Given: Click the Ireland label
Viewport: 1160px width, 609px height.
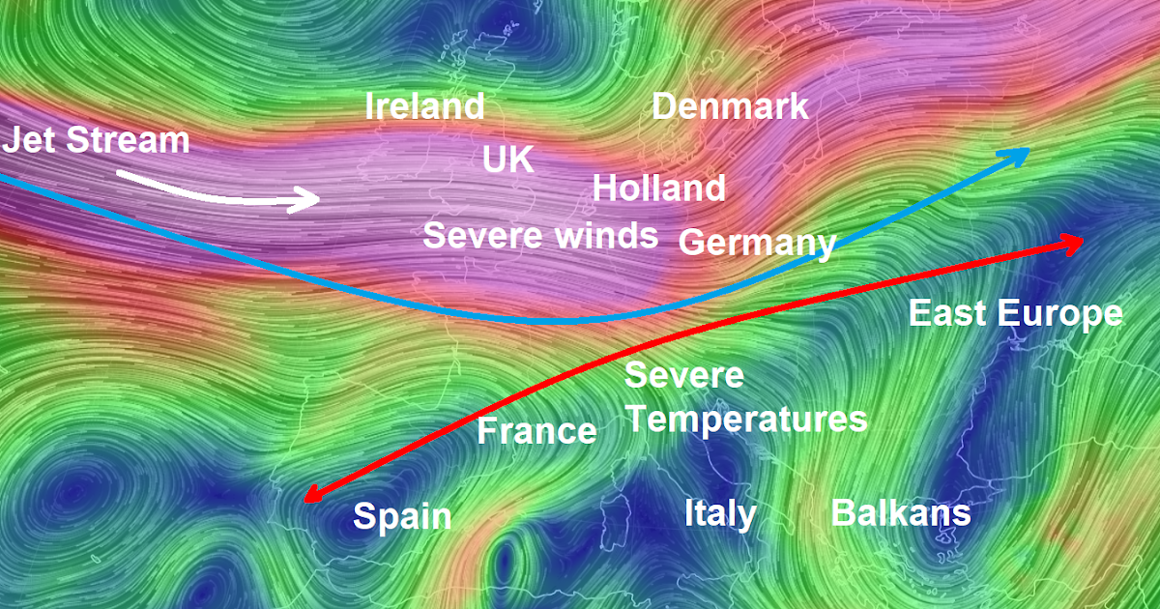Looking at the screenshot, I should click(424, 106).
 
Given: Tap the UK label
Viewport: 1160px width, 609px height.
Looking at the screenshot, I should click(507, 159).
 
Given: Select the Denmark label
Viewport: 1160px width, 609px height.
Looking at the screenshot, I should click(730, 106).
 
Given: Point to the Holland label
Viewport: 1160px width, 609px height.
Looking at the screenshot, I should click(659, 188).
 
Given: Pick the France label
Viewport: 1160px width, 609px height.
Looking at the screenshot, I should click(536, 430).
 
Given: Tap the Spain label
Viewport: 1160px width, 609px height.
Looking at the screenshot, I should click(402, 516).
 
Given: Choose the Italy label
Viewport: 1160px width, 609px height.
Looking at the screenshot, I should click(720, 512).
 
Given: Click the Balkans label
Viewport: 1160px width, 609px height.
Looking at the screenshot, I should click(901, 512).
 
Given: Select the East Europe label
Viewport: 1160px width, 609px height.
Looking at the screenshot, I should click(1015, 313).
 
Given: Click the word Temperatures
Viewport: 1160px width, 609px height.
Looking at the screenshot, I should click(753, 420).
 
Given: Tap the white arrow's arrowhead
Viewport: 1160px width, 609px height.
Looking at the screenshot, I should click(309, 200).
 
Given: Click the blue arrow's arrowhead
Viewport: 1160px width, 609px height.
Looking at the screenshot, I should click(1020, 154).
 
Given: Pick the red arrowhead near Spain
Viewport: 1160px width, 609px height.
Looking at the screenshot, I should click(312, 495).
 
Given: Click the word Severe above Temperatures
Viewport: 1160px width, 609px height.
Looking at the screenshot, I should click(684, 375).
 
